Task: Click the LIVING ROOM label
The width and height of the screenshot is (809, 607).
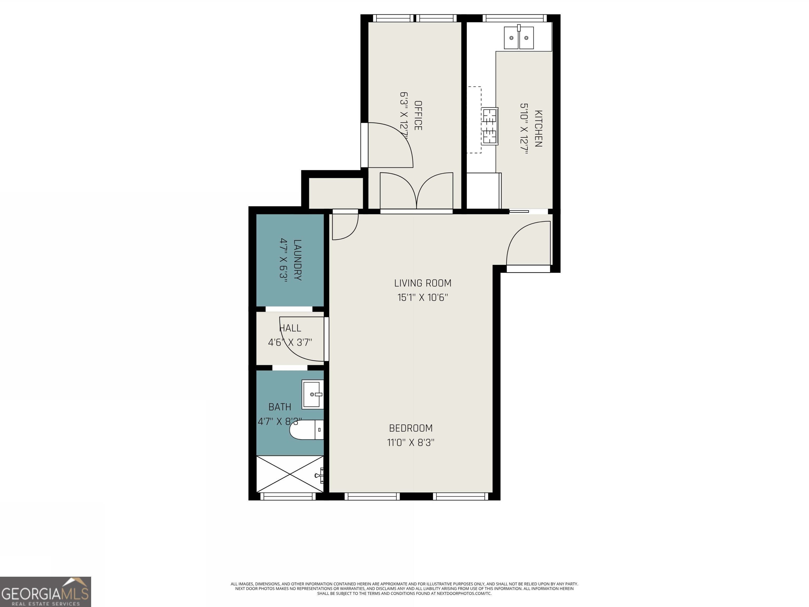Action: (x=422, y=283)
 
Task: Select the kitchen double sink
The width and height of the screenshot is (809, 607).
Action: (x=519, y=38)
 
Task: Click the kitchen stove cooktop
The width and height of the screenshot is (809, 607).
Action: (x=489, y=126)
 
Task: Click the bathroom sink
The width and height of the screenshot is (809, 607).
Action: (x=313, y=394)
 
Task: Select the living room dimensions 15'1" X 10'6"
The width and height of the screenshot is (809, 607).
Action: (x=422, y=297)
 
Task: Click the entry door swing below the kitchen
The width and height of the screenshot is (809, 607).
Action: (x=528, y=243)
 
